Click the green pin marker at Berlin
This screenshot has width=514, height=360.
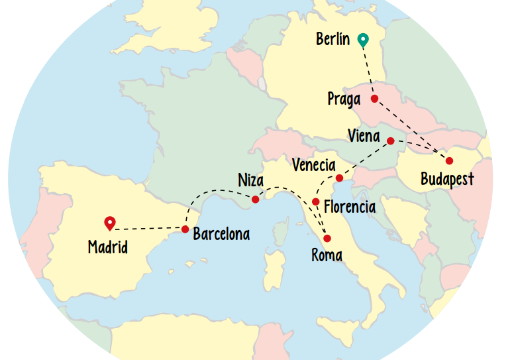[362, 40]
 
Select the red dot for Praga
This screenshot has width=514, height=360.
[374, 99]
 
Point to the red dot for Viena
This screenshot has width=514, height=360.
[391, 141]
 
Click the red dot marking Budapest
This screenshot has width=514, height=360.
[449, 160]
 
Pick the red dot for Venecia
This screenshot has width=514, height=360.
[339, 178]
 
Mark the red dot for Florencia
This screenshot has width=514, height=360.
[316, 202]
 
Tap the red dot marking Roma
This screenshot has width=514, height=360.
[327, 239]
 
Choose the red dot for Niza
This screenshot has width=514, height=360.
[256, 199]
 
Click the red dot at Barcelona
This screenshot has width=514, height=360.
[185, 229]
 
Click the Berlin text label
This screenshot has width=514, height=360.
[333, 40]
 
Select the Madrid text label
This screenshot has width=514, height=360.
[108, 248]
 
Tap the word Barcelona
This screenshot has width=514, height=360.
[221, 234]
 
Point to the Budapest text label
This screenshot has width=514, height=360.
[447, 180]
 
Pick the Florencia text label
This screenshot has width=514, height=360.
[350, 207]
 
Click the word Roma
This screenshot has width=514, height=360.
[327, 255]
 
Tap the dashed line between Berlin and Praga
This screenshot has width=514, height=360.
[368, 70]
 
